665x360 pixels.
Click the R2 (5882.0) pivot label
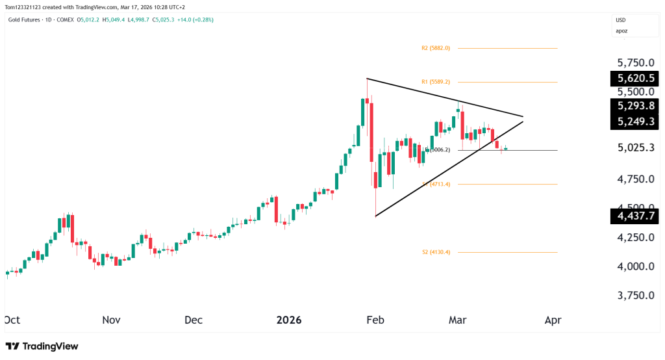[x=435, y=48]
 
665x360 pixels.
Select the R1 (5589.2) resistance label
[x=435, y=82]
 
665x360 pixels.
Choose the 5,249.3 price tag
[x=635, y=122]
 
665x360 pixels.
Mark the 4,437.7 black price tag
[x=635, y=216]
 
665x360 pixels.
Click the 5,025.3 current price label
[x=635, y=148]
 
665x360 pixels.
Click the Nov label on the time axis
[x=111, y=320]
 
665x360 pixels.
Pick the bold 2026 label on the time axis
[x=289, y=320]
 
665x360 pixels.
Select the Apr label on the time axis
[x=553, y=320]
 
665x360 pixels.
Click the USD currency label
[x=620, y=20]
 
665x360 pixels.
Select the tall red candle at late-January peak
[x=371, y=130]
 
